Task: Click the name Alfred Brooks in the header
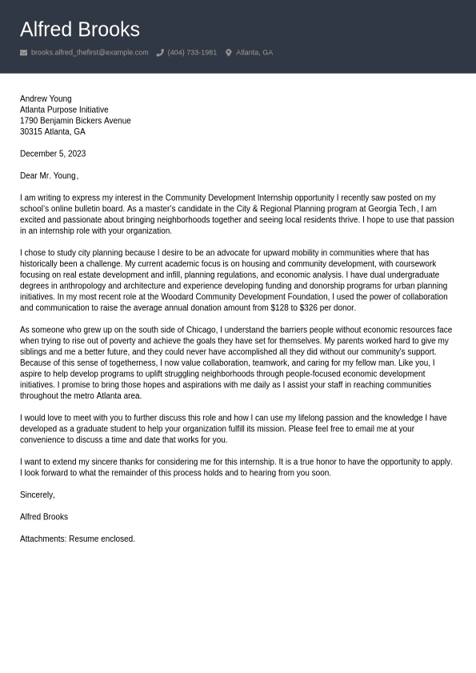pyautogui.click(x=79, y=30)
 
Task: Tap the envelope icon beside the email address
pyautogui.click(x=24, y=53)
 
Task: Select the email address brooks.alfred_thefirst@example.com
pyautogui.click(x=90, y=53)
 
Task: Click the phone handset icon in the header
pyautogui.click(x=160, y=53)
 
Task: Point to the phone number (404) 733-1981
pyautogui.click(x=192, y=53)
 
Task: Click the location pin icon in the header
pyautogui.click(x=228, y=53)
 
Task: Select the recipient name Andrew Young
pyautogui.click(x=46, y=98)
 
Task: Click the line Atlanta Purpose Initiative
pyautogui.click(x=64, y=110)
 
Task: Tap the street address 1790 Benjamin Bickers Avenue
pyautogui.click(x=75, y=121)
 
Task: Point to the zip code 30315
pyautogui.click(x=30, y=132)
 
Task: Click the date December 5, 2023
pyautogui.click(x=53, y=154)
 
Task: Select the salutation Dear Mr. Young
pyautogui.click(x=48, y=176)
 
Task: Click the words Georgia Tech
pyautogui.click(x=392, y=209)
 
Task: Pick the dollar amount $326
pyautogui.click(x=310, y=308)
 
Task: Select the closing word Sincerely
pyautogui.click(x=37, y=495)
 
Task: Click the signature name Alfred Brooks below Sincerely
pyautogui.click(x=44, y=517)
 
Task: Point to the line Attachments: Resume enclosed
pyautogui.click(x=78, y=539)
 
